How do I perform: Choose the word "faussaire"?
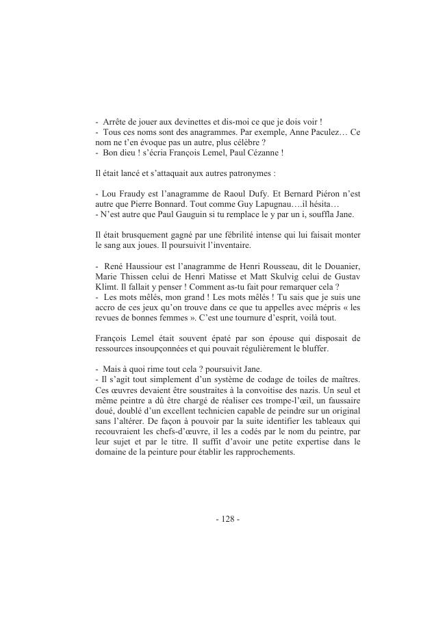click(x=342, y=400)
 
